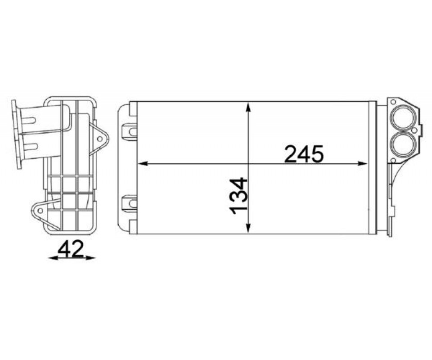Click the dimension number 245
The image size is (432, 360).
pyautogui.click(x=304, y=154)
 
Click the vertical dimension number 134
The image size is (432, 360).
pyautogui.click(x=238, y=196)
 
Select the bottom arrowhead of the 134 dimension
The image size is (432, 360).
pyautogui.click(x=248, y=228)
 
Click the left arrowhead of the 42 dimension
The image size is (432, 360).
pyautogui.click(x=52, y=258)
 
